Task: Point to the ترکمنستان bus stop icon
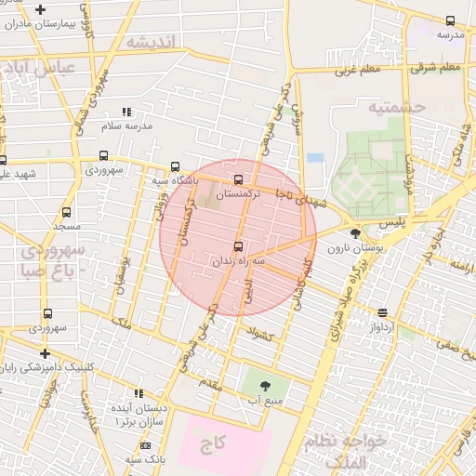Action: [239, 180]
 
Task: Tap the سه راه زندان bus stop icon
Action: [239, 246]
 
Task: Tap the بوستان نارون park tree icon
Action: [354, 233]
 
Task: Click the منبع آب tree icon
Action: [265, 384]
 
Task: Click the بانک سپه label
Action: [146, 459]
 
